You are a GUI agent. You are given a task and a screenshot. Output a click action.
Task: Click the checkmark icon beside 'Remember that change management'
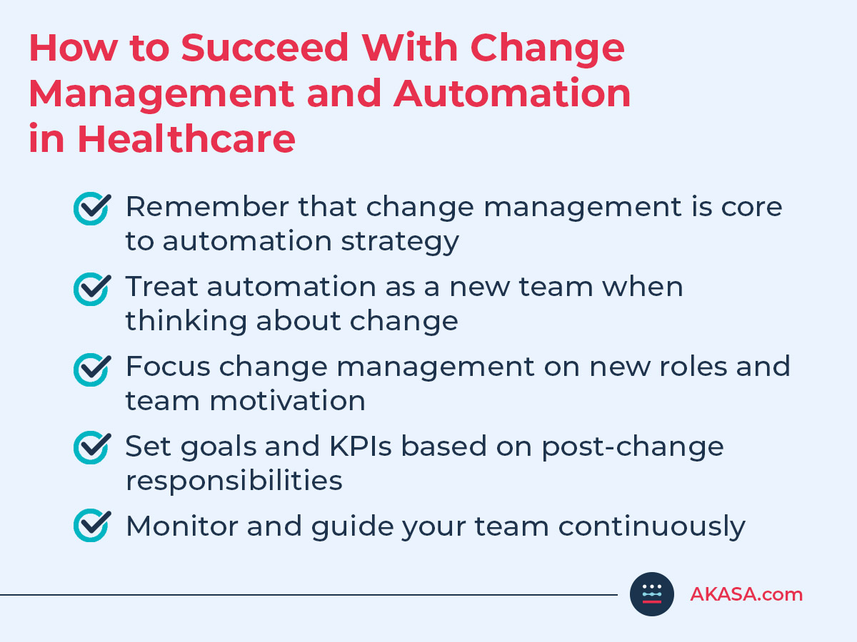(x=92, y=208)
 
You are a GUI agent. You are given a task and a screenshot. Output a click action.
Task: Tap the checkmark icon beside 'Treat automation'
(x=92, y=288)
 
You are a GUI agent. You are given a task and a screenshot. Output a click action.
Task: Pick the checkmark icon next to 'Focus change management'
(x=92, y=368)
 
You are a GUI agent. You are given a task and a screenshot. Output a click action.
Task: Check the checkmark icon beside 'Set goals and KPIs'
(x=92, y=448)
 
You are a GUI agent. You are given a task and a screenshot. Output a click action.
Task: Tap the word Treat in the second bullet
(x=161, y=287)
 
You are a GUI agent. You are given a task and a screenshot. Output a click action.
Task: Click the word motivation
(x=287, y=401)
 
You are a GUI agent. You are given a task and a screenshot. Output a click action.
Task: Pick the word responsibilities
(x=234, y=481)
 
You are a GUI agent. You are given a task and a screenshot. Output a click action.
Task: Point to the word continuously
(x=651, y=526)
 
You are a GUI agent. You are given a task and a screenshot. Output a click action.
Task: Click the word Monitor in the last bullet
(x=181, y=526)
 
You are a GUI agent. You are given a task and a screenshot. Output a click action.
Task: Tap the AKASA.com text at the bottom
(x=746, y=594)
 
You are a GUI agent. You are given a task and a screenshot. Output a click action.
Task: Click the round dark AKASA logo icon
(x=652, y=593)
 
